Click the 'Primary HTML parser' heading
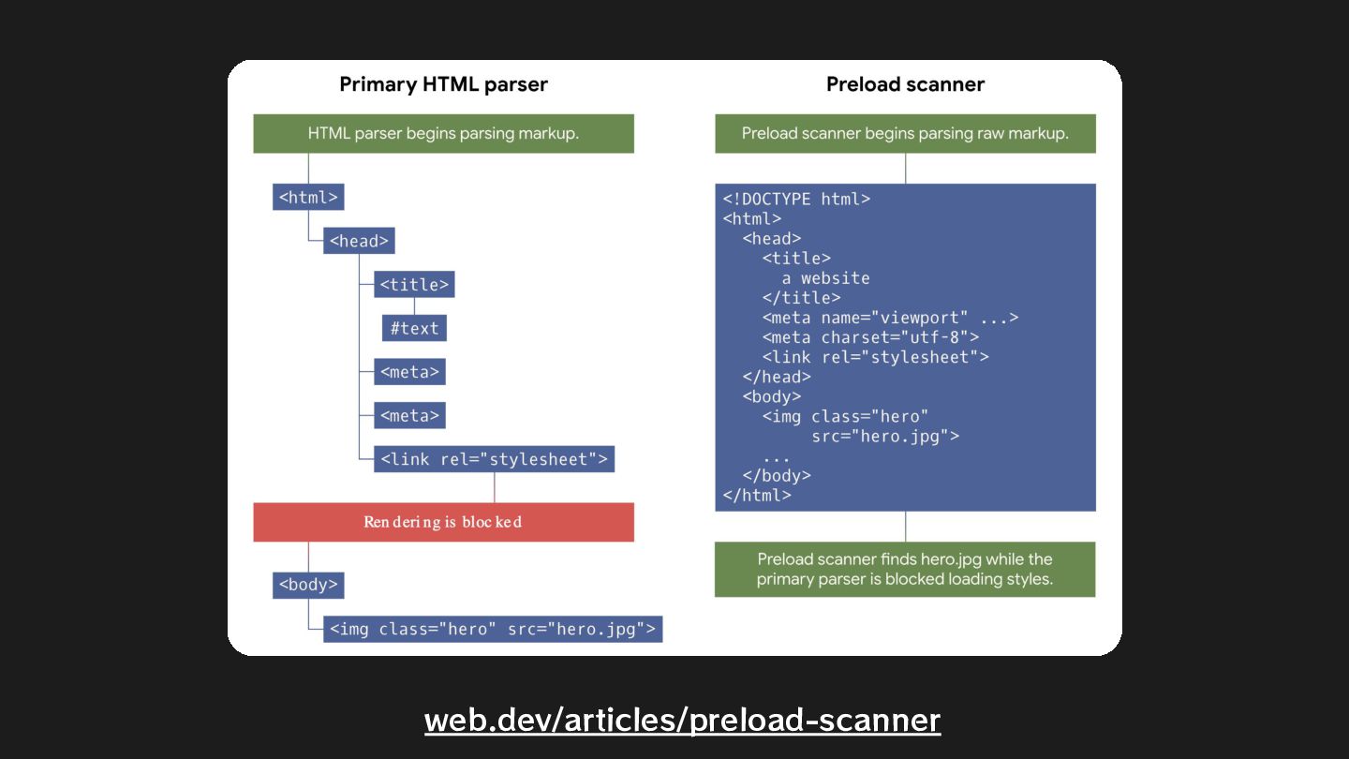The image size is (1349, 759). point(443,84)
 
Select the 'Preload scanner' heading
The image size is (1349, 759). point(905,84)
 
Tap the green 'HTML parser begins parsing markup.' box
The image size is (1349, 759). point(443,133)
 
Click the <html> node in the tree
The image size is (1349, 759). point(308,198)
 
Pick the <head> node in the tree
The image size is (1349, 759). point(359,241)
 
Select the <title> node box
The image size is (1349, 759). point(414,285)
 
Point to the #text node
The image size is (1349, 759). point(414,328)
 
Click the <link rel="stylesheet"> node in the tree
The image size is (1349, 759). point(494,459)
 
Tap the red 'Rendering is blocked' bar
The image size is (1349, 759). point(443,522)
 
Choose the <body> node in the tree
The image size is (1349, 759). point(308,585)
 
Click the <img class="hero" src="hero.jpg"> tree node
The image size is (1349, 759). point(494,629)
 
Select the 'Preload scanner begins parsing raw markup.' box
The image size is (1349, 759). point(905,133)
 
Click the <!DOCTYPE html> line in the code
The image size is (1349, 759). point(796,199)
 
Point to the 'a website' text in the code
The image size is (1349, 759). point(825,278)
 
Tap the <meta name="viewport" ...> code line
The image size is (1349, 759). point(889,318)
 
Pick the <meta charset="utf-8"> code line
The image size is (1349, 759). point(870,337)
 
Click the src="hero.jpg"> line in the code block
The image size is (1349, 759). point(885,436)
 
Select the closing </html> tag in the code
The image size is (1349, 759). point(757,496)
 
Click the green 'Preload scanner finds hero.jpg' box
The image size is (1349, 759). point(905,569)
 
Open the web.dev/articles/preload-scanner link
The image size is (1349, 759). point(682,720)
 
